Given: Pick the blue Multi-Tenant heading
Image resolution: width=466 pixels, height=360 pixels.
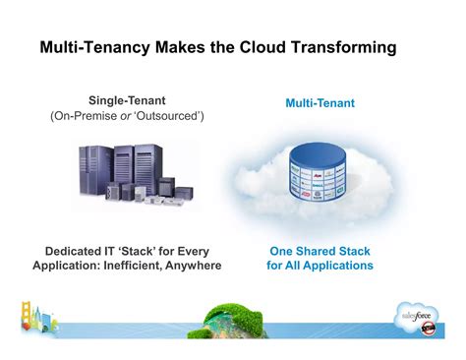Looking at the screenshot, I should tap(320, 102).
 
